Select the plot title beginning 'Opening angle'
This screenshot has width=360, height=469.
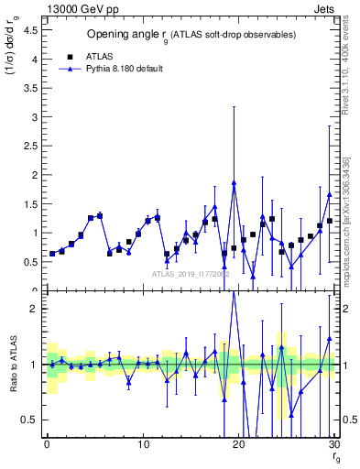(191, 35)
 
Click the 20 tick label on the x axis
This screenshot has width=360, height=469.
(238, 444)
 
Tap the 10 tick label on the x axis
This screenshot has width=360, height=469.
(142, 444)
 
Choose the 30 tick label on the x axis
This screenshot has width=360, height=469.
(333, 444)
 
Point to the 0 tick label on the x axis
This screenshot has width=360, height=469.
(47, 444)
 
